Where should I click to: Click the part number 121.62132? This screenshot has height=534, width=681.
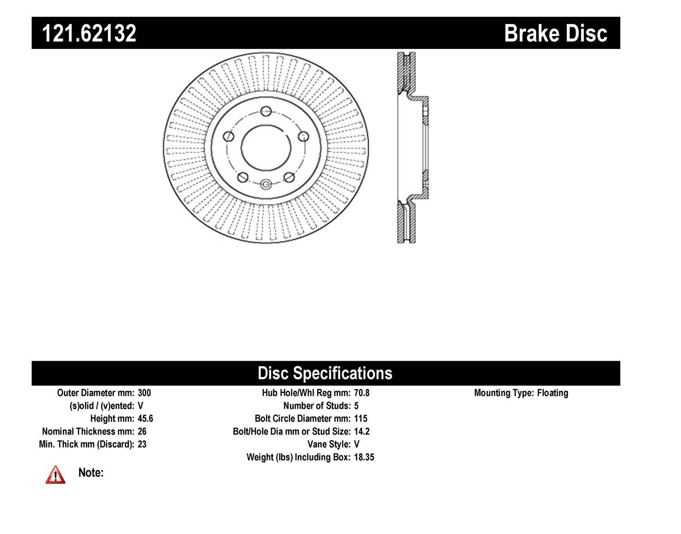pos(89,33)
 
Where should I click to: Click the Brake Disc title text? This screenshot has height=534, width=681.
pos(556,33)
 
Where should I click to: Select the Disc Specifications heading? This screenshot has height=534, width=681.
pos(324,373)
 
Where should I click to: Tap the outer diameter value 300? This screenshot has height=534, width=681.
pos(144,393)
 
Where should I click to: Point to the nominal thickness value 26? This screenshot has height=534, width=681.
pos(142,431)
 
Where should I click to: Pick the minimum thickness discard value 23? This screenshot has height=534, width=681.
pos(142,444)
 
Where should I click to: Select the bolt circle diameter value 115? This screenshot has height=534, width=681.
pos(361,419)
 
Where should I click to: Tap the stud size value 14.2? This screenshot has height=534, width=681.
pos(362,431)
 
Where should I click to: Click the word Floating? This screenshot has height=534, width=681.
pos(552,393)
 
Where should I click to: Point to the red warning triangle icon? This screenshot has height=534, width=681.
pos(55,475)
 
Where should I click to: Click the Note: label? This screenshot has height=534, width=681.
pos(91,473)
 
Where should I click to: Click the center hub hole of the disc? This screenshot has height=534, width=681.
pos(266,147)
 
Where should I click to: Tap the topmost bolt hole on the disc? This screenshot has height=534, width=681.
pos(266,111)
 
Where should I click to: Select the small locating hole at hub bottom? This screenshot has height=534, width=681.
pos(266,184)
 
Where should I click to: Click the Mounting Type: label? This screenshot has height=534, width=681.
pos(504,393)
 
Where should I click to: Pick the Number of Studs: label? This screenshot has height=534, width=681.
pos(317,405)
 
